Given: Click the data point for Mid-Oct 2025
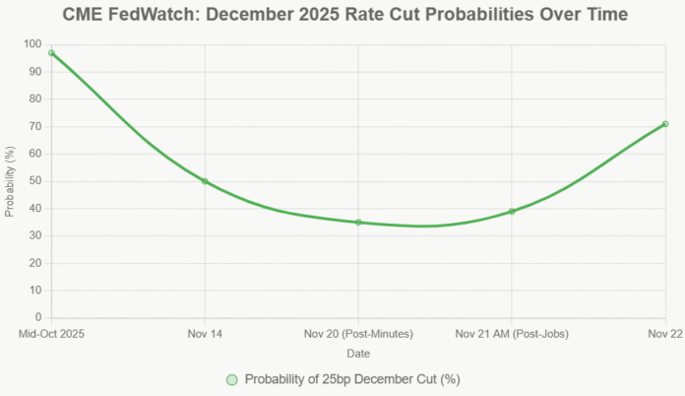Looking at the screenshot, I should (x=51, y=53).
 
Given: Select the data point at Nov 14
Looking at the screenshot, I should (x=205, y=181).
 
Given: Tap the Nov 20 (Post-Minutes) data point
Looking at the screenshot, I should (x=358, y=223).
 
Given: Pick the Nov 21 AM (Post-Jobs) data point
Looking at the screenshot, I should (x=512, y=212).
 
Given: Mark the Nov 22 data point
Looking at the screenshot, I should (x=665, y=124).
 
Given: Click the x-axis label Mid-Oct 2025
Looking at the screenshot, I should (x=52, y=334).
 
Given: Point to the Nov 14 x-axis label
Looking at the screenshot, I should (x=205, y=334).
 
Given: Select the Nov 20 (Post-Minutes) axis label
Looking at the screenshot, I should (x=358, y=334).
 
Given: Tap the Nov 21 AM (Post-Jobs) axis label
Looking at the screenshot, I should (x=512, y=334).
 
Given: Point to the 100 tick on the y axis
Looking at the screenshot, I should (x=32, y=44).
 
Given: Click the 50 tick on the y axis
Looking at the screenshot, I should (x=35, y=181).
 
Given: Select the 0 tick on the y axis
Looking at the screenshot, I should (x=38, y=318).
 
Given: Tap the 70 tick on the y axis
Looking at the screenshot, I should (x=35, y=127).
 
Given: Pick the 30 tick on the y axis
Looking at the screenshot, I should (x=35, y=236).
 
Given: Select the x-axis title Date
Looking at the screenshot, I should (x=358, y=353).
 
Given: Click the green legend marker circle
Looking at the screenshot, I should (x=231, y=379).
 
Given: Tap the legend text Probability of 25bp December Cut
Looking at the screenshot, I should (x=352, y=379).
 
